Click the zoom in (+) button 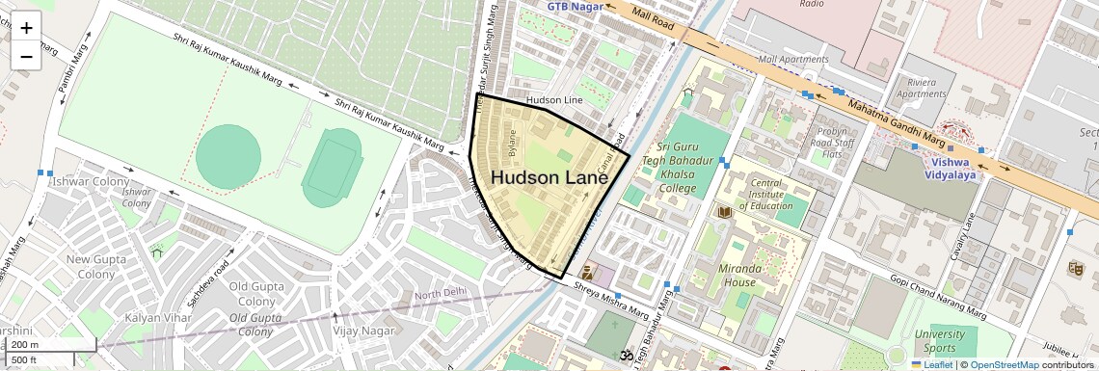26,27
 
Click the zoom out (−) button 26,56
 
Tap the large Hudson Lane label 546,178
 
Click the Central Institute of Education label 766,194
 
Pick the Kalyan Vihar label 155,318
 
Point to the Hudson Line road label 554,100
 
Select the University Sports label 939,341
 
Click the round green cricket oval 228,156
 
